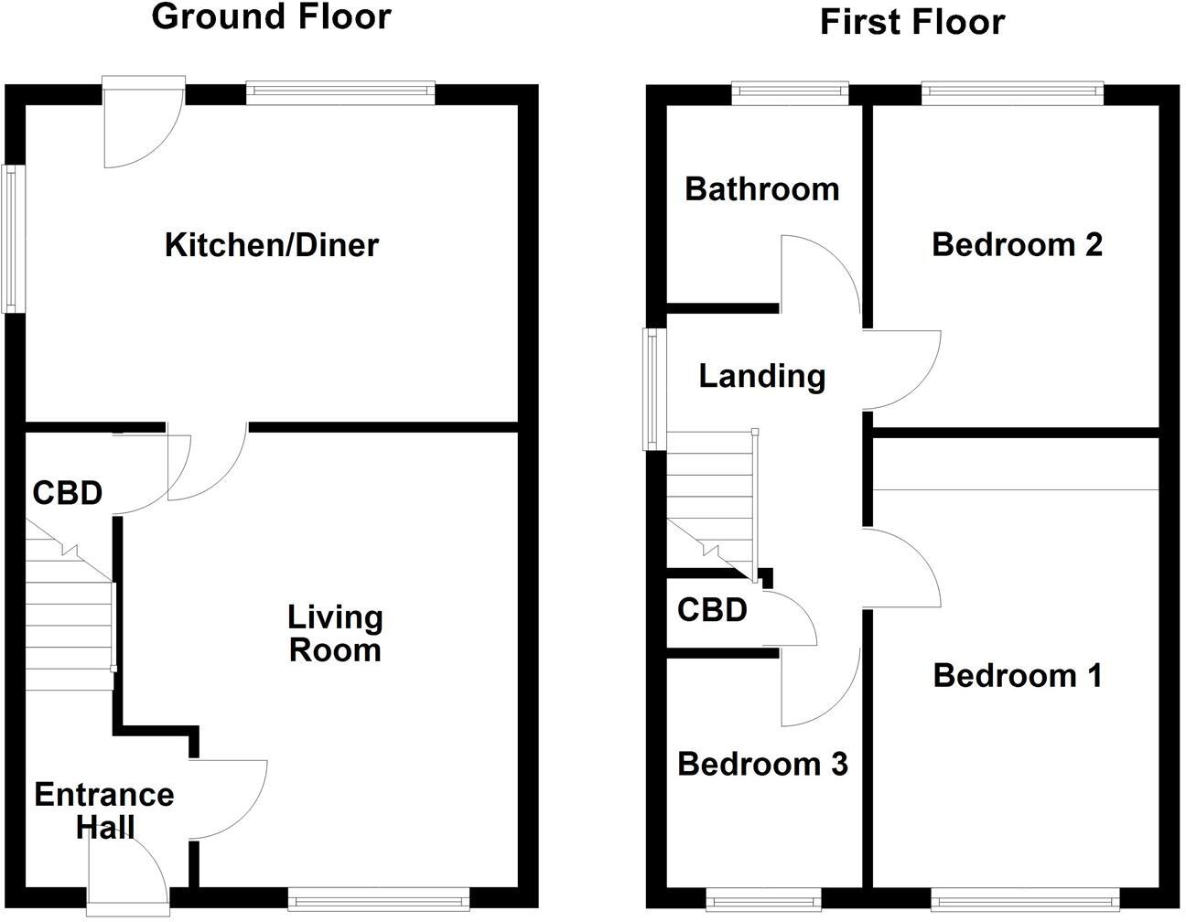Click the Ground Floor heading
271,16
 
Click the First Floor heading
911,21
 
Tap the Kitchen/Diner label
271,245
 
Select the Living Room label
335,633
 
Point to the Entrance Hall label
103,810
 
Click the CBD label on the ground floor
67,493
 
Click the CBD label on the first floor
712,609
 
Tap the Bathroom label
761,189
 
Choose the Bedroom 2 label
1016,245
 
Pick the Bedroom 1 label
1017,676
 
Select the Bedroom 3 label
762,764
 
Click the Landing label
761,376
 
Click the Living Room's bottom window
379,901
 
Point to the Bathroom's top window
790,91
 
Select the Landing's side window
652,390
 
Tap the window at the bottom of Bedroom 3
763,901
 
